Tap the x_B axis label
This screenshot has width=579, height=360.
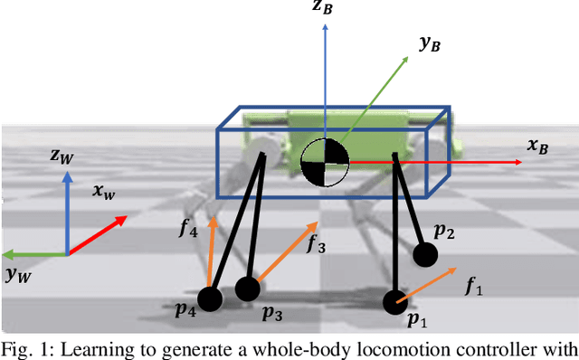coord(537,145)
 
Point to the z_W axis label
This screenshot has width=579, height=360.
coord(62,156)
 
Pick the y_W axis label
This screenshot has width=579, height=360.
coord(17,275)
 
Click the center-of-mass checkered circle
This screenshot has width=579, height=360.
coord(325,162)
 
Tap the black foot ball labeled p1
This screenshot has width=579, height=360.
coord(395,300)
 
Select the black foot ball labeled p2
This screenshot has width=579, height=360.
coord(424,255)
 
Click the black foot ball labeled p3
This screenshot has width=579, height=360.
coord(247,289)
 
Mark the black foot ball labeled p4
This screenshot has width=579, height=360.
coord(210,299)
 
